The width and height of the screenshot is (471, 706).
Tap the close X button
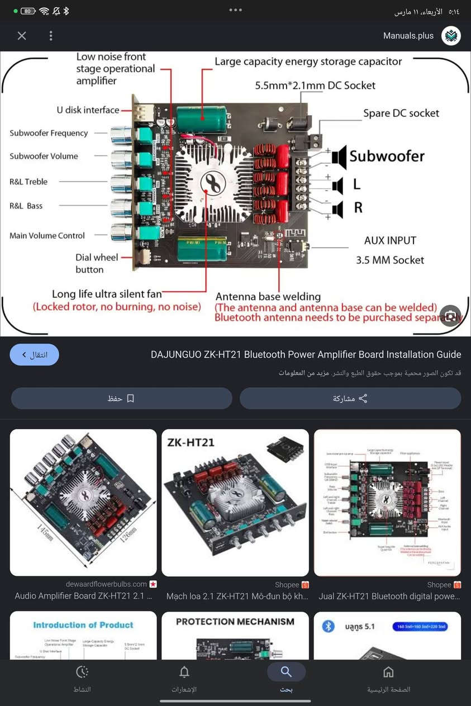click(x=22, y=36)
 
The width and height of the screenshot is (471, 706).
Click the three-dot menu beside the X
click(x=51, y=36)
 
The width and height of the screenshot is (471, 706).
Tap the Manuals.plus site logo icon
click(x=451, y=36)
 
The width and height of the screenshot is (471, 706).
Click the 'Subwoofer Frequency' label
click(x=49, y=133)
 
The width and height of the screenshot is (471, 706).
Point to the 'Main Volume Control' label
click(x=47, y=235)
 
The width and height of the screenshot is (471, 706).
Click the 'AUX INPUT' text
click(x=390, y=240)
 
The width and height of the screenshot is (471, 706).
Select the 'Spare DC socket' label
click(x=401, y=113)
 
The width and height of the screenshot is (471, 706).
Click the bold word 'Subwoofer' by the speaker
click(x=387, y=157)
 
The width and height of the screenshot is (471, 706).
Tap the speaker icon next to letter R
click(x=337, y=209)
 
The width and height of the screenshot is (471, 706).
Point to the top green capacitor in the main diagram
click(x=202, y=119)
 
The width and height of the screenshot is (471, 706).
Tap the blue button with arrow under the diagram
click(x=35, y=354)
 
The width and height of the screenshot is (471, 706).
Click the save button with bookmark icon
click(x=121, y=399)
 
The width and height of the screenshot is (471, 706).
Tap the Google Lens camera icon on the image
click(x=450, y=315)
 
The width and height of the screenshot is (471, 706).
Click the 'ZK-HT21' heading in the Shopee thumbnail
click(x=191, y=443)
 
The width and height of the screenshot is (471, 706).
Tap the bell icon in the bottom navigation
click(x=184, y=672)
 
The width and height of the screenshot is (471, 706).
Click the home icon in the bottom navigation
click(x=388, y=672)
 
